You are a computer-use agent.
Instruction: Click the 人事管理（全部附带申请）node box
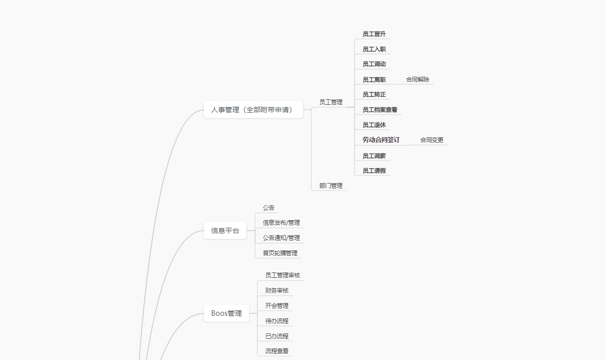click(253, 110)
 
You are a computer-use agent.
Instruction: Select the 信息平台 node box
click(225, 231)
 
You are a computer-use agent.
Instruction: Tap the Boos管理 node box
click(227, 313)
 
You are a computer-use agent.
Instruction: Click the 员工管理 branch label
click(331, 102)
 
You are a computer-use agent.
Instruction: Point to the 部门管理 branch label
click(331, 186)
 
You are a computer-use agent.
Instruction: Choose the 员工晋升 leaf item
click(374, 34)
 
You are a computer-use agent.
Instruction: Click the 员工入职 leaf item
click(374, 49)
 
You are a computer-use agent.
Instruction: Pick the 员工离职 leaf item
click(374, 80)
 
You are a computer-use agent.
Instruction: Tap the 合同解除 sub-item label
click(418, 80)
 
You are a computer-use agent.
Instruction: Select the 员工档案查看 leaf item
click(380, 110)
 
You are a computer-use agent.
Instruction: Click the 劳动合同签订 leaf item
click(381, 140)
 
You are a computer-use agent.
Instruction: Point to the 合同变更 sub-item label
click(432, 140)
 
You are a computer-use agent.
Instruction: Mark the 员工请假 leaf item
click(374, 171)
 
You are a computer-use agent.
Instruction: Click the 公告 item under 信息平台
click(268, 208)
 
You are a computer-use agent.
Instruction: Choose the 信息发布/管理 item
click(281, 223)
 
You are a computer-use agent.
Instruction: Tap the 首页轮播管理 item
click(280, 253)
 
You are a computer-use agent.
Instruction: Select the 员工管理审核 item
click(283, 275)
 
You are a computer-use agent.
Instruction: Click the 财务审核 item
click(277, 291)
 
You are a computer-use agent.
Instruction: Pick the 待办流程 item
click(277, 321)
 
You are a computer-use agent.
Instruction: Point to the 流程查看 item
click(277, 351)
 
